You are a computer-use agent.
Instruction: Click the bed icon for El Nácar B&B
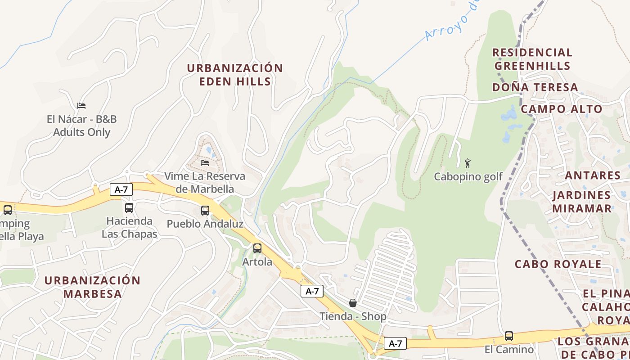click(x=81, y=106)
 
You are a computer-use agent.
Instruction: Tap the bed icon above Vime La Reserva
click(x=205, y=162)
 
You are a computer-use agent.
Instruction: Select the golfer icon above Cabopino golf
click(x=468, y=163)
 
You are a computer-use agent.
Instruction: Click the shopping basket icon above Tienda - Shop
click(x=353, y=303)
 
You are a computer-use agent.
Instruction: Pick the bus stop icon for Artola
click(x=257, y=248)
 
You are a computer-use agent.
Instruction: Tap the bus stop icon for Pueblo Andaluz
click(x=205, y=210)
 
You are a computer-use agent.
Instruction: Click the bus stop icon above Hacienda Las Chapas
click(x=129, y=207)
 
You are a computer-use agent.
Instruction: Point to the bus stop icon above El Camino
click(x=509, y=336)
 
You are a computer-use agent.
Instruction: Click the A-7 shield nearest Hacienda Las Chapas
click(x=121, y=189)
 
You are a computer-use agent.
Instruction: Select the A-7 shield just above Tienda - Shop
click(x=312, y=291)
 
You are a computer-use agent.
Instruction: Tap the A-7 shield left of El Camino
click(x=395, y=344)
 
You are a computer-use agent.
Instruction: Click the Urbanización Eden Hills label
click(x=235, y=75)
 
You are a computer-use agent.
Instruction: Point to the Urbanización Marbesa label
click(x=93, y=287)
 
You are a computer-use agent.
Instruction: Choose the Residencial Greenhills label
click(x=532, y=59)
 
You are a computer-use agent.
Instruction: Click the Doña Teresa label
click(x=535, y=87)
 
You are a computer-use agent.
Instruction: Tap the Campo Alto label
click(x=562, y=109)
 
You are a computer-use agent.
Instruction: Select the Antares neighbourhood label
click(x=593, y=175)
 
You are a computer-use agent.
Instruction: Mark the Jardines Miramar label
click(x=582, y=202)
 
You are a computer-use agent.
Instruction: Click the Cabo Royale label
click(x=558, y=264)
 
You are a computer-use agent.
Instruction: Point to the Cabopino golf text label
click(x=468, y=177)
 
